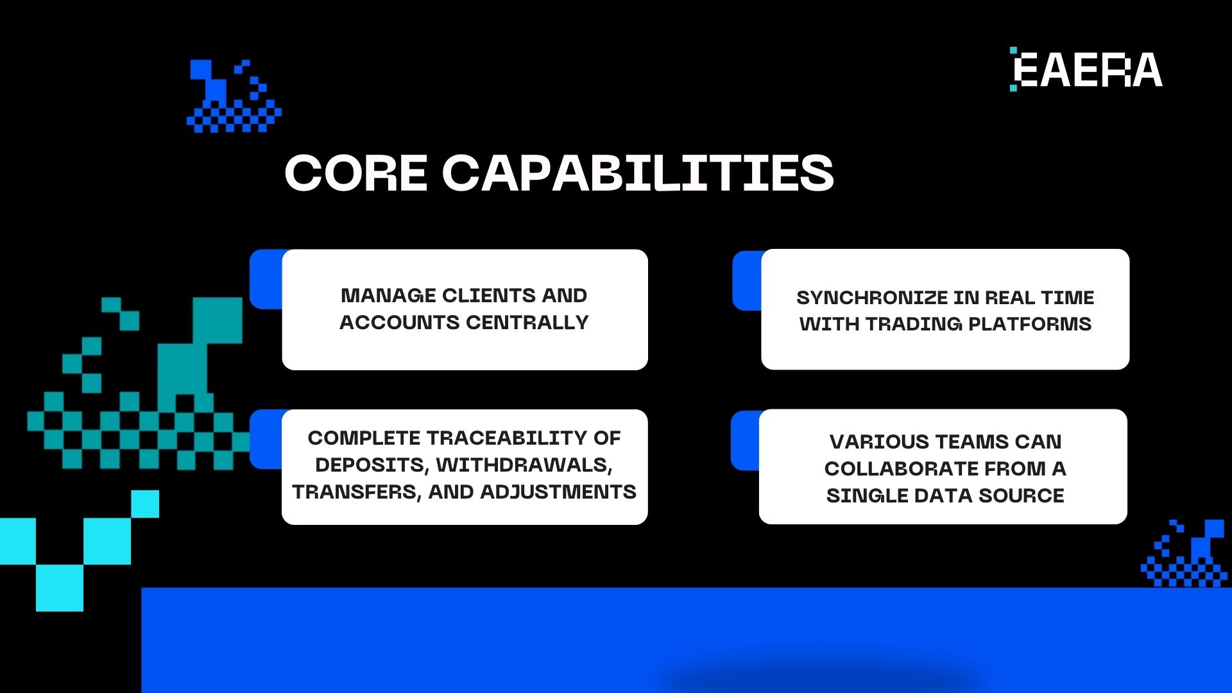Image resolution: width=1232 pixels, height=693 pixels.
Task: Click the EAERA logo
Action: pyautogui.click(x=1087, y=69)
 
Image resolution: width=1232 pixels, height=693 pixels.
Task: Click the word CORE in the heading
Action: pyautogui.click(x=355, y=173)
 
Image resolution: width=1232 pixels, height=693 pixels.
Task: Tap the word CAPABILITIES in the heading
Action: pyautogui.click(x=638, y=173)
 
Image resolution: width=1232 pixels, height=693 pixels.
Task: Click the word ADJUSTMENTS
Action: pyautogui.click(x=558, y=492)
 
